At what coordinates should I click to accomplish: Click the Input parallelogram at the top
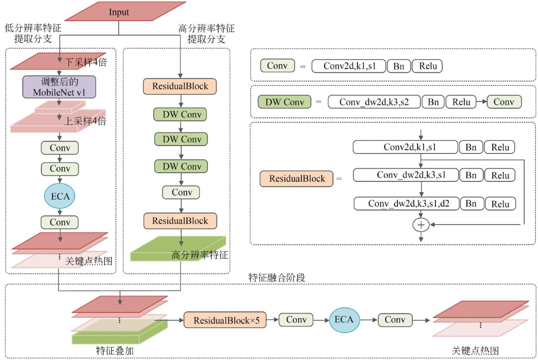point(119,12)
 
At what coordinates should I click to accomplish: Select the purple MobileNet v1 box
point(59,87)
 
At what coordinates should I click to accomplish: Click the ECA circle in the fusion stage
point(344,319)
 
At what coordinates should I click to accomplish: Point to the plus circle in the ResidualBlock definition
point(421,225)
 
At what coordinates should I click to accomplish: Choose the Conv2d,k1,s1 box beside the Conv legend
point(348,66)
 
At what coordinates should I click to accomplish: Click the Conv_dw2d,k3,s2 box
point(374,102)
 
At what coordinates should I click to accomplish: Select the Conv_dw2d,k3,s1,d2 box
point(406,204)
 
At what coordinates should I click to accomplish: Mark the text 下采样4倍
point(85,63)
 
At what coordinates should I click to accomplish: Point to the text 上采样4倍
point(85,122)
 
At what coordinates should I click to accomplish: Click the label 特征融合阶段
point(276,278)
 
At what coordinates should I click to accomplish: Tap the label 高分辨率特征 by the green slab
point(199,255)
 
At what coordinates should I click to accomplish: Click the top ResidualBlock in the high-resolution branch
point(180,86)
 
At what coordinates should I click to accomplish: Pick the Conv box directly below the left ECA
point(60,222)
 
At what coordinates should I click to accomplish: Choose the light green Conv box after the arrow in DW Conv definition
point(504,102)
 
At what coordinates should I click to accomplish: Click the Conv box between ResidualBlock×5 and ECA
point(296,320)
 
